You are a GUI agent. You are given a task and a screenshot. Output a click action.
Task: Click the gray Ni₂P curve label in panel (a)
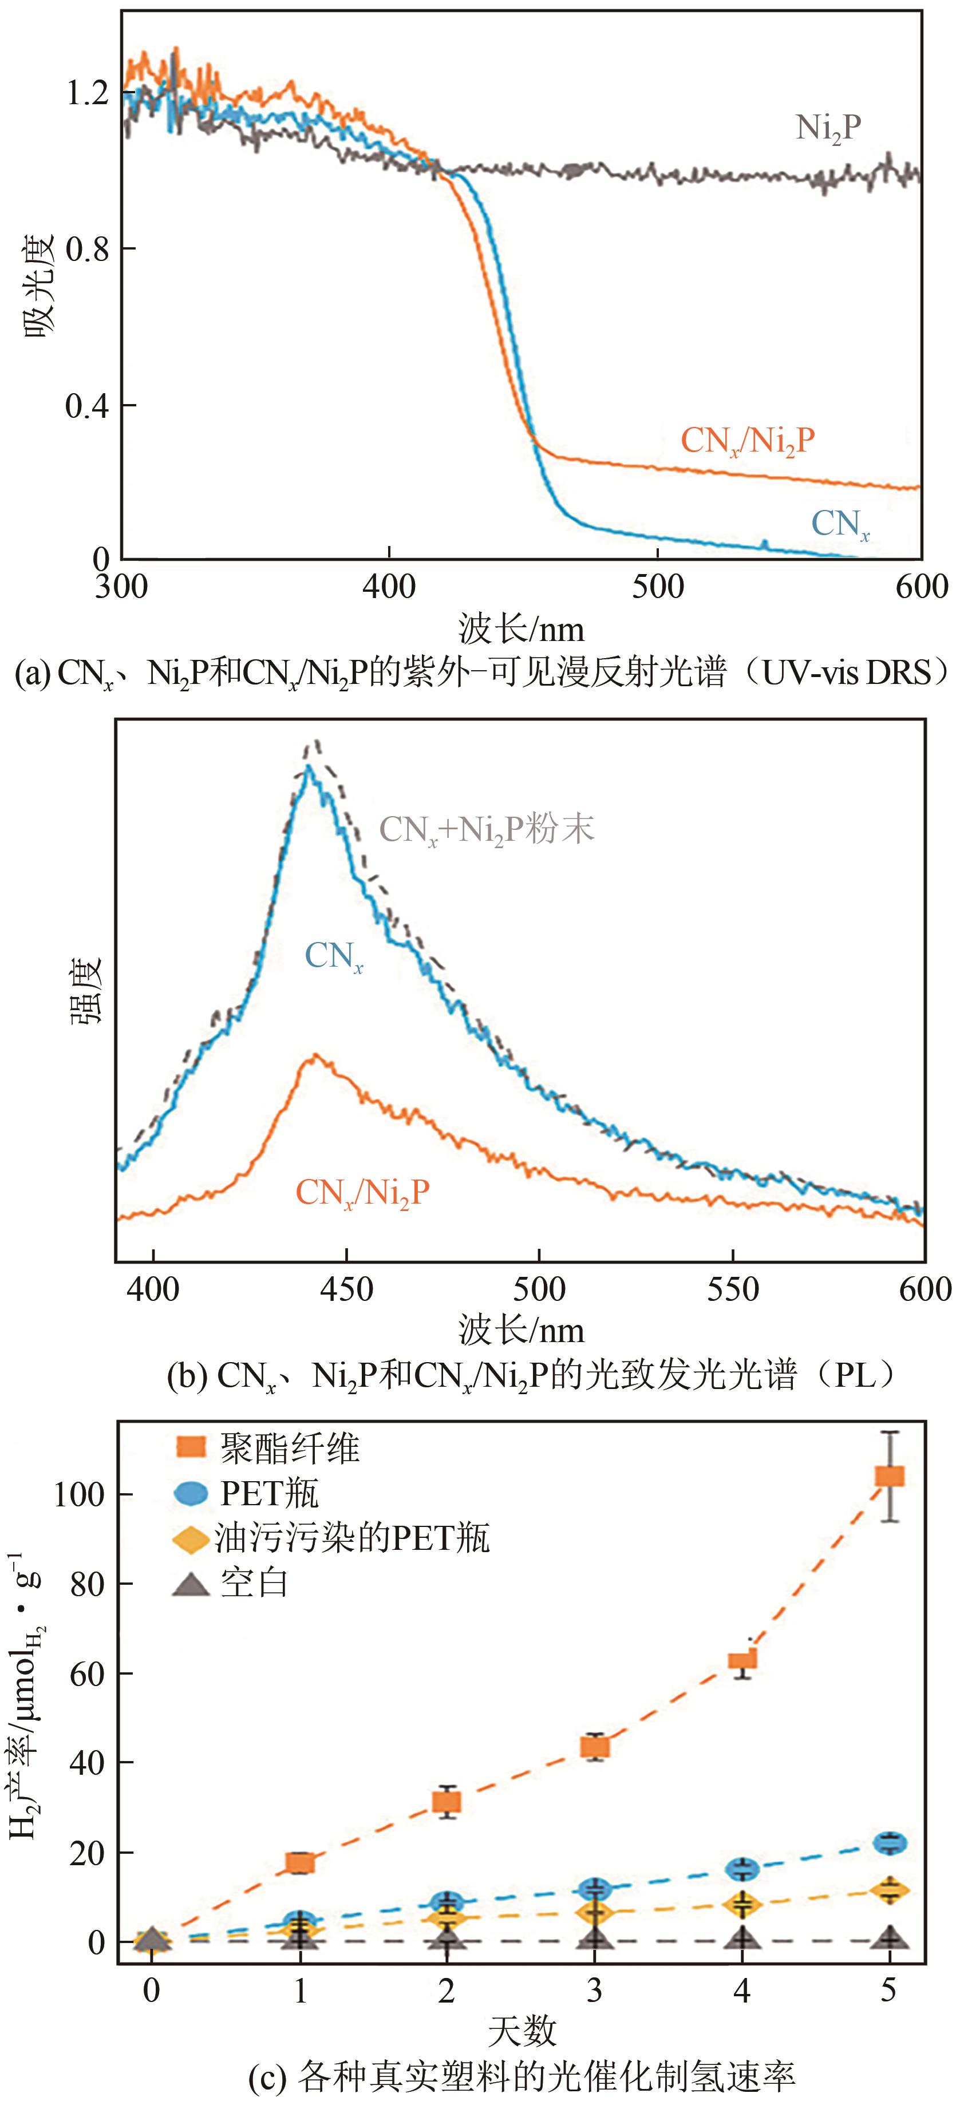click(828, 129)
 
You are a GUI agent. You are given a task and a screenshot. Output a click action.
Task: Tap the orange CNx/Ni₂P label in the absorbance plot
click(747, 441)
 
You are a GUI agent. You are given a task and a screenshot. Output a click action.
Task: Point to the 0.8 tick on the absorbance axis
click(87, 249)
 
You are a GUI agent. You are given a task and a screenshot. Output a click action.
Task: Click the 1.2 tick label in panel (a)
click(87, 93)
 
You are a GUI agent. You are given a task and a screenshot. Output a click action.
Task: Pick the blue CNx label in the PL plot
click(334, 956)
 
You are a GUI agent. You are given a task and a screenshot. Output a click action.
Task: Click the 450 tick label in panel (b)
click(347, 1289)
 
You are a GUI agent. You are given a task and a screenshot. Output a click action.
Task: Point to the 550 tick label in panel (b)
click(732, 1289)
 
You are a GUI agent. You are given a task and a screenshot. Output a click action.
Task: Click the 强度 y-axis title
click(84, 990)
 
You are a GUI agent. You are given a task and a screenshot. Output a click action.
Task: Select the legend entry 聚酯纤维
click(290, 1449)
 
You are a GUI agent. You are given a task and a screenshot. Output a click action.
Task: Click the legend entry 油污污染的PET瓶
click(351, 1538)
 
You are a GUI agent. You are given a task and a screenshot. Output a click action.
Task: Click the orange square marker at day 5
click(889, 1475)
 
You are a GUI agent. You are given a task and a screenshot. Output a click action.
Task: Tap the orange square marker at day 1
click(300, 1863)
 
